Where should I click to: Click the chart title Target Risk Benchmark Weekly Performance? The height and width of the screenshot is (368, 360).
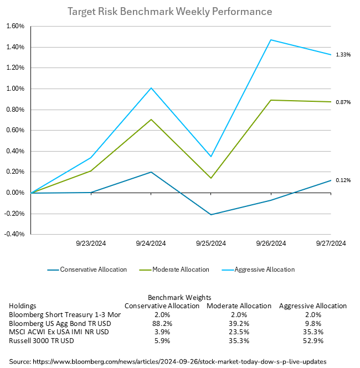[169, 12]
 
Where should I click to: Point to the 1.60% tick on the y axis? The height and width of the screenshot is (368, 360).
[15, 26]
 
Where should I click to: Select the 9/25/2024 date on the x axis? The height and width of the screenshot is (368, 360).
[211, 243]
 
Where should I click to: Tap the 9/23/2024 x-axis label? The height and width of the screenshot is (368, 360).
[91, 243]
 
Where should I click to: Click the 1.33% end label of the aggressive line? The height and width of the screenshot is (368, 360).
[343, 54]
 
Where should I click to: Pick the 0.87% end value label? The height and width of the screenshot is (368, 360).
[343, 102]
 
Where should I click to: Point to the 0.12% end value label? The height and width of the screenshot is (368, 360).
[343, 180]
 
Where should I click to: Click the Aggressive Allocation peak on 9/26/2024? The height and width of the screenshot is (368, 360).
[271, 40]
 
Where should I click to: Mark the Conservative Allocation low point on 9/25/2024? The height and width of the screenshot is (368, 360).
[211, 215]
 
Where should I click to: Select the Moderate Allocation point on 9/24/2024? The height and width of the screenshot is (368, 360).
[151, 120]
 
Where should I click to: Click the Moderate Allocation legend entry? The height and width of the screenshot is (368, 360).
[179, 269]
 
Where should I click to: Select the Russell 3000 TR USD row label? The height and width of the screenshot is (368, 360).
[42, 340]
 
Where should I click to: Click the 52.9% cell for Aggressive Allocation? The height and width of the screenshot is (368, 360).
[313, 340]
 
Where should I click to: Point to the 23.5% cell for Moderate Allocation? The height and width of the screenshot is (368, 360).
[239, 332]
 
